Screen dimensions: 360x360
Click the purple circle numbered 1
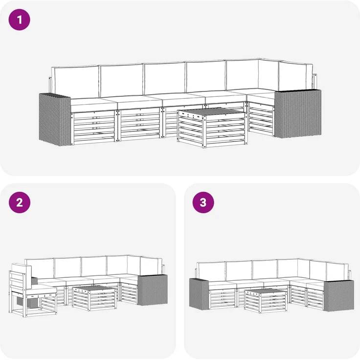point(19,20)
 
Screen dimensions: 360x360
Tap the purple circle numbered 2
point(20,202)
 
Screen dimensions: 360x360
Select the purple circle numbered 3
point(203,202)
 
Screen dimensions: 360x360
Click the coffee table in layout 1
point(212,128)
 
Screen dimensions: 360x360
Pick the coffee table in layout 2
point(94,298)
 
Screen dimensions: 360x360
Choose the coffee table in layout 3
point(266,301)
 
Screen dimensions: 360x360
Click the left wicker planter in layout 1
point(55,119)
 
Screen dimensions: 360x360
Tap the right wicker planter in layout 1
point(298,114)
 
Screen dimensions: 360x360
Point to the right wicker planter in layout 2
point(153,290)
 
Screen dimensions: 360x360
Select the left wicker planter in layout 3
point(199,293)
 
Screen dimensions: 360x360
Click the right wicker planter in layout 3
point(339,296)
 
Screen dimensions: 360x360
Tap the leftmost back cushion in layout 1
point(75,82)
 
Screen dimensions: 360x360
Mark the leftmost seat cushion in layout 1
point(94,105)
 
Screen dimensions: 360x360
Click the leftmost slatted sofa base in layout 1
point(94,128)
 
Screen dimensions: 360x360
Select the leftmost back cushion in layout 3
point(211,271)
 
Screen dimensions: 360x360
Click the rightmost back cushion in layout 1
point(296,76)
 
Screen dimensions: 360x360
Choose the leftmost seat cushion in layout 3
point(223,285)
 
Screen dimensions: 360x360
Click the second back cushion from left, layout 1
point(122,80)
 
